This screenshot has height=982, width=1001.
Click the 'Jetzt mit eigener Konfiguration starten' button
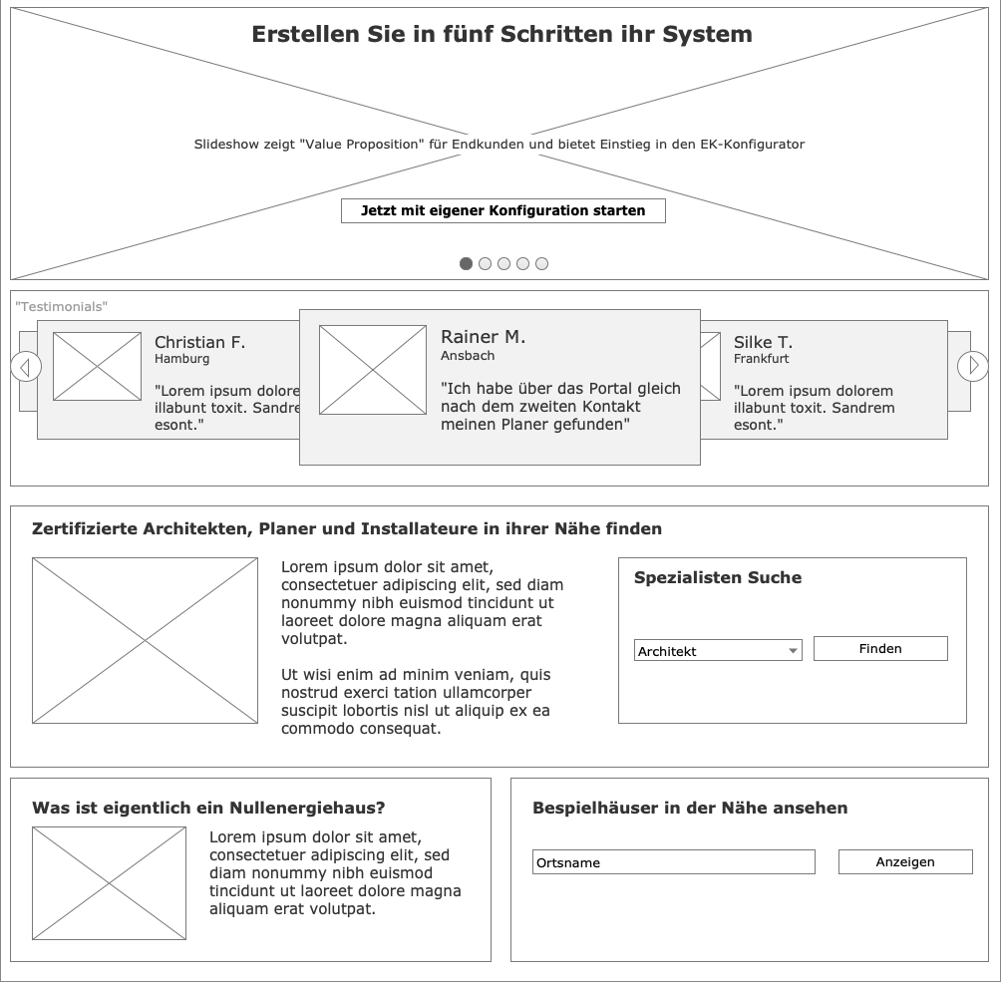click(503, 210)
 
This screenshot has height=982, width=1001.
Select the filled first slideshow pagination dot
click(466, 264)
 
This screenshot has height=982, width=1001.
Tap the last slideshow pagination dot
click(542, 264)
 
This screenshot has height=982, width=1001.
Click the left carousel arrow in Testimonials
click(26, 367)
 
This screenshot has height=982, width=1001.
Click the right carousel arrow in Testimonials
click(973, 366)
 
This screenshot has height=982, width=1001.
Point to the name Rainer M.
click(484, 337)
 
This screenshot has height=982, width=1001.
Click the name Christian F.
click(199, 342)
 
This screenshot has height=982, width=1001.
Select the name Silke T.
click(763, 342)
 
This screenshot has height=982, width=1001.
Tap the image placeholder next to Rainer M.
click(373, 370)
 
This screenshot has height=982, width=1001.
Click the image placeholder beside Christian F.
click(97, 367)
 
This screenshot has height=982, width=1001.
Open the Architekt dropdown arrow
click(793, 651)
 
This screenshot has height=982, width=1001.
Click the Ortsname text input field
click(674, 862)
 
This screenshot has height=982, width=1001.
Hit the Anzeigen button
click(905, 862)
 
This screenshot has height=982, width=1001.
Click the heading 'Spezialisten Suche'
click(718, 578)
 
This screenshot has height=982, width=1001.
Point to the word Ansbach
click(468, 356)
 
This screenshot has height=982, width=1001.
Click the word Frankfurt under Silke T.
click(761, 359)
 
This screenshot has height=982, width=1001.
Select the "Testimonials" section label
click(61, 306)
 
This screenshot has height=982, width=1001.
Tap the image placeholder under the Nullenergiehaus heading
click(109, 883)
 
